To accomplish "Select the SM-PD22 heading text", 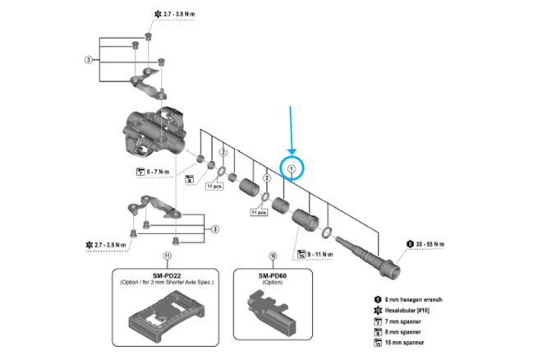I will tap(167, 276).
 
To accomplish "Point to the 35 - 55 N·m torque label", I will tap(435, 243).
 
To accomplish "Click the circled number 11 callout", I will tap(167, 256).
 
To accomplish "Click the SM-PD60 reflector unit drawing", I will tap(272, 312).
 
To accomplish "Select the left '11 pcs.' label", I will tap(215, 187).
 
